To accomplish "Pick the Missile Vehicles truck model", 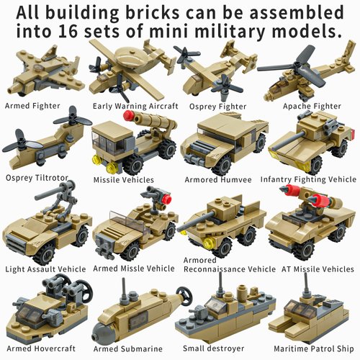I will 133,144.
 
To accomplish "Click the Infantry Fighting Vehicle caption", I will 308,179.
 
